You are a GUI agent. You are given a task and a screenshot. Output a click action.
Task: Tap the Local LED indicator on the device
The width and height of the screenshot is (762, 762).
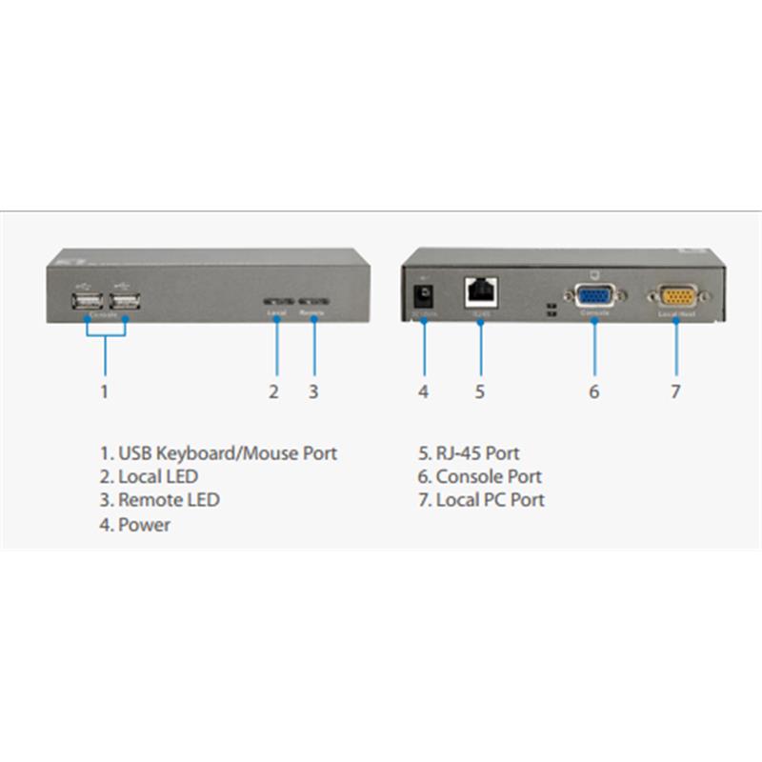click(276, 302)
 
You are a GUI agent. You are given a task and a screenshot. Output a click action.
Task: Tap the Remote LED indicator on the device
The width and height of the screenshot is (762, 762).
click(313, 302)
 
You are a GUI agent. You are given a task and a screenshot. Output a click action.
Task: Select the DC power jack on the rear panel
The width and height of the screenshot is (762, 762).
click(422, 291)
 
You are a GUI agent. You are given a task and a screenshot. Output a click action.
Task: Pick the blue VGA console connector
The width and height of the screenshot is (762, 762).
click(595, 296)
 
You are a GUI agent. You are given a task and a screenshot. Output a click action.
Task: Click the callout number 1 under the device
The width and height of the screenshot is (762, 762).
click(105, 391)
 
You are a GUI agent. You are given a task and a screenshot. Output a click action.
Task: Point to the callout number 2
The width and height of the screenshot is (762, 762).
click(273, 391)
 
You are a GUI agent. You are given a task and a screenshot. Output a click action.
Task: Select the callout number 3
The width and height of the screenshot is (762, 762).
click(313, 391)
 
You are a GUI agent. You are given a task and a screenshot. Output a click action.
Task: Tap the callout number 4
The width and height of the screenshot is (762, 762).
click(423, 391)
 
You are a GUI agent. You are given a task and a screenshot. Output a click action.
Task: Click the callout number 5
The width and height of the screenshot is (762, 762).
click(480, 391)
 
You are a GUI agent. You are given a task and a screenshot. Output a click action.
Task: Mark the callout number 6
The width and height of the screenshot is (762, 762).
click(594, 391)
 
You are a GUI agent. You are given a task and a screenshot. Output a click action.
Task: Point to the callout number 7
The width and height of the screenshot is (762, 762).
click(675, 391)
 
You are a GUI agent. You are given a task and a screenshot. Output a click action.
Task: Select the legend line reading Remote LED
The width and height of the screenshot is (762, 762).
click(159, 500)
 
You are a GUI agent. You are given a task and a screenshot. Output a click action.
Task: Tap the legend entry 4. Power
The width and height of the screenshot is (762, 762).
click(135, 524)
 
